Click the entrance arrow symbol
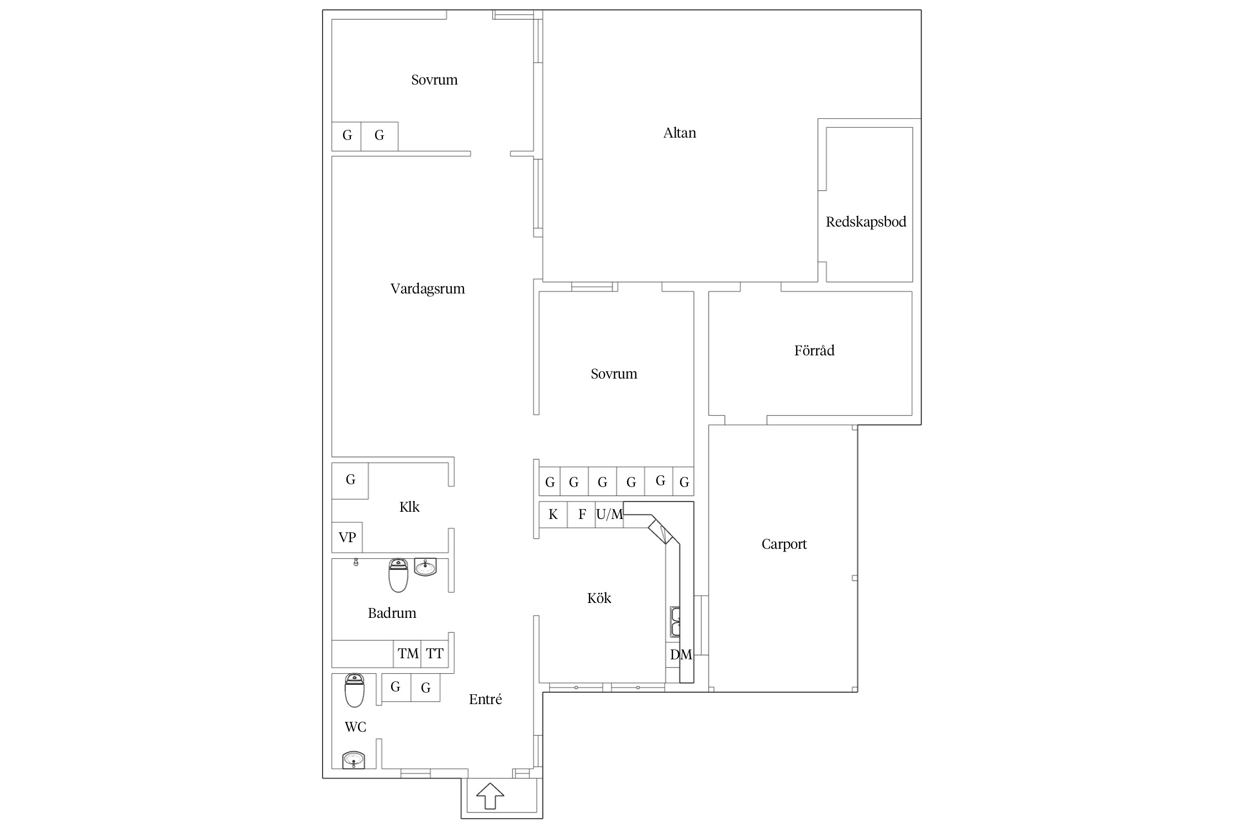pos(490,796)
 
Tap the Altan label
pos(680,133)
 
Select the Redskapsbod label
pos(866,222)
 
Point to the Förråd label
pos(814,350)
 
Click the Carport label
pos(784,544)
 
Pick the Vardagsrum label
pos(428,289)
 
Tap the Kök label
pos(599,598)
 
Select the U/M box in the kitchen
pos(609,515)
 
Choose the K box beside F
pos(553,515)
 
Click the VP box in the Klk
pos(347,537)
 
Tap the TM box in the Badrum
pos(407,654)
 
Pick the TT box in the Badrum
pos(435,654)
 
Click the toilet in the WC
pos(354,690)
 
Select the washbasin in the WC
pos(354,760)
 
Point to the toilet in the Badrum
pos(398,575)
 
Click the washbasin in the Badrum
pos(425,567)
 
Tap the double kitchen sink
pos(675,622)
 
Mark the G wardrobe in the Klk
pos(350,481)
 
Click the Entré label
pos(485,700)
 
